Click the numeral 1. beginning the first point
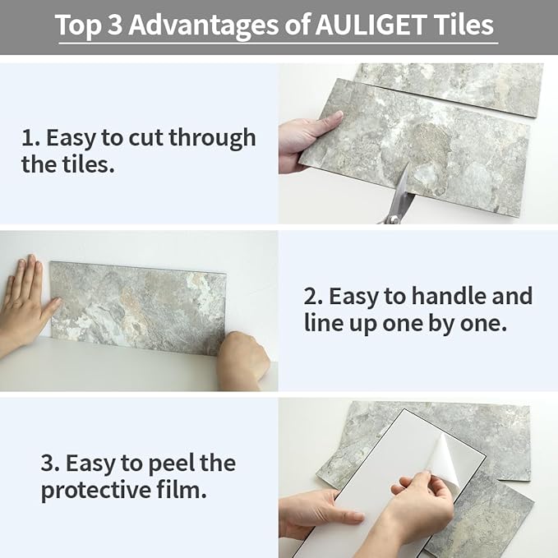(x=28, y=138)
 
